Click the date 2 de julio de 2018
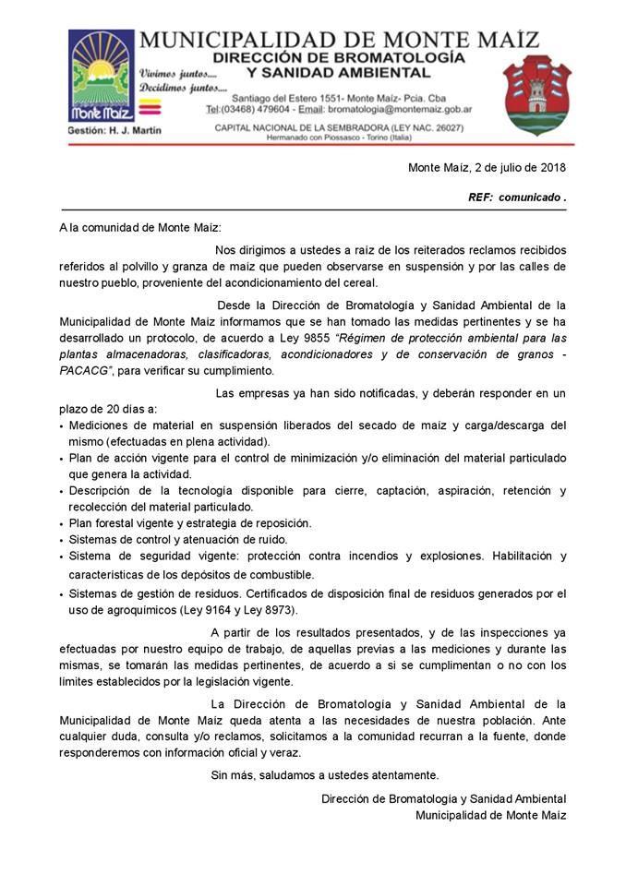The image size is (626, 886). point(520,168)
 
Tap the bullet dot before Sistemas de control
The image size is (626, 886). point(61,541)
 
